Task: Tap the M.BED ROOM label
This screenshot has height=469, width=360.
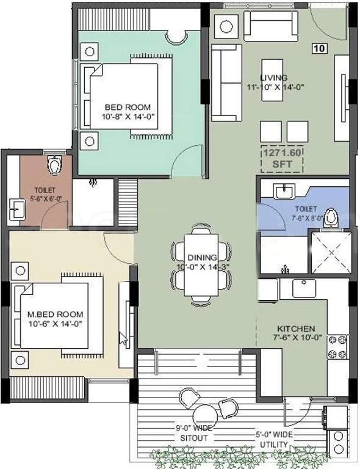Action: pos(55,314)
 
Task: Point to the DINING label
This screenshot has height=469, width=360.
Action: pos(201,257)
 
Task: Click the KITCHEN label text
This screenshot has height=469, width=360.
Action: pos(293,328)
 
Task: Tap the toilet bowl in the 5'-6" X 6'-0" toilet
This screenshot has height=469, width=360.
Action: pos(55,165)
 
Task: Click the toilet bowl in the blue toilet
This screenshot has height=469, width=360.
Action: pos(331,217)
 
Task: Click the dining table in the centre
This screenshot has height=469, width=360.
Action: pos(201,264)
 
